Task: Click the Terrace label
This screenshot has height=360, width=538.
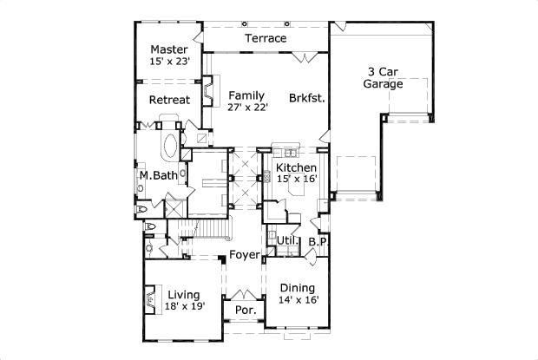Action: click(266, 39)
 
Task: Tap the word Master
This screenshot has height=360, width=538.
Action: click(170, 49)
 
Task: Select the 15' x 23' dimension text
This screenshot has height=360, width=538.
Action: click(170, 62)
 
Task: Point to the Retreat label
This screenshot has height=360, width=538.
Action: click(169, 100)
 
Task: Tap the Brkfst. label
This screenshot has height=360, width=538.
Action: click(307, 99)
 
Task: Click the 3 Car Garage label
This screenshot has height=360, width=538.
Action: click(383, 79)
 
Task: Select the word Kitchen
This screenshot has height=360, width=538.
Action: click(296, 167)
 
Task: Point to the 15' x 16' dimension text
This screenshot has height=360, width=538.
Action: click(298, 179)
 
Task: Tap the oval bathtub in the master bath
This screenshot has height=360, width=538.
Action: click(169, 145)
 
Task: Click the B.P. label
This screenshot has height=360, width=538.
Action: click(317, 241)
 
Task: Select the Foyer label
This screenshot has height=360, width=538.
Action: click(242, 255)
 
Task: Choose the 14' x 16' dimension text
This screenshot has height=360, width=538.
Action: click(299, 300)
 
